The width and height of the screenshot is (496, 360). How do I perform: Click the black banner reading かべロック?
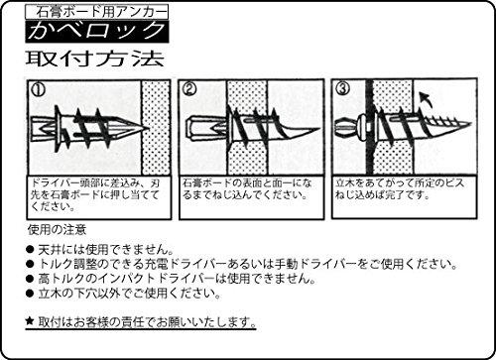pos(97,32)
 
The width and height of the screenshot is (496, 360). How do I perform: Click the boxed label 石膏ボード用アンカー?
pos(96,12)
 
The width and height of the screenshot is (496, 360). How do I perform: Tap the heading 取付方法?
pos(95,59)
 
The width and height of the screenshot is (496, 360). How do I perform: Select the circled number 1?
pos(38,89)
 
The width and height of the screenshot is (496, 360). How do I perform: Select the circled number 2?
pos(189,88)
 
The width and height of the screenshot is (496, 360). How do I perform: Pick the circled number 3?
pos(342,88)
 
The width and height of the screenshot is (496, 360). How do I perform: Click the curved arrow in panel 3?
pos(426,100)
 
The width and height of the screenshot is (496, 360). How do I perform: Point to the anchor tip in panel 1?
pos(147,128)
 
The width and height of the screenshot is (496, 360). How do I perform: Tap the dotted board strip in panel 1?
pos(156,128)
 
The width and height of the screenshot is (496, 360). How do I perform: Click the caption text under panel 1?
pos(95,194)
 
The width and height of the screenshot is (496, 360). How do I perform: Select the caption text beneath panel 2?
pos(247,188)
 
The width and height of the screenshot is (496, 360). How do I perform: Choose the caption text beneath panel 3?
pos(400,188)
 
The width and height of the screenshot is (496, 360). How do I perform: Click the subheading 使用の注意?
pos(58,229)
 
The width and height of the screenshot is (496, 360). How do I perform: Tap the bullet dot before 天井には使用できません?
pos(30,249)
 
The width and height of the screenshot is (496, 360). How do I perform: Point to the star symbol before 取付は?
pos(30,320)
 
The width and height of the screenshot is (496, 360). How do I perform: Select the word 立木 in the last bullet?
pos(50,293)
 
